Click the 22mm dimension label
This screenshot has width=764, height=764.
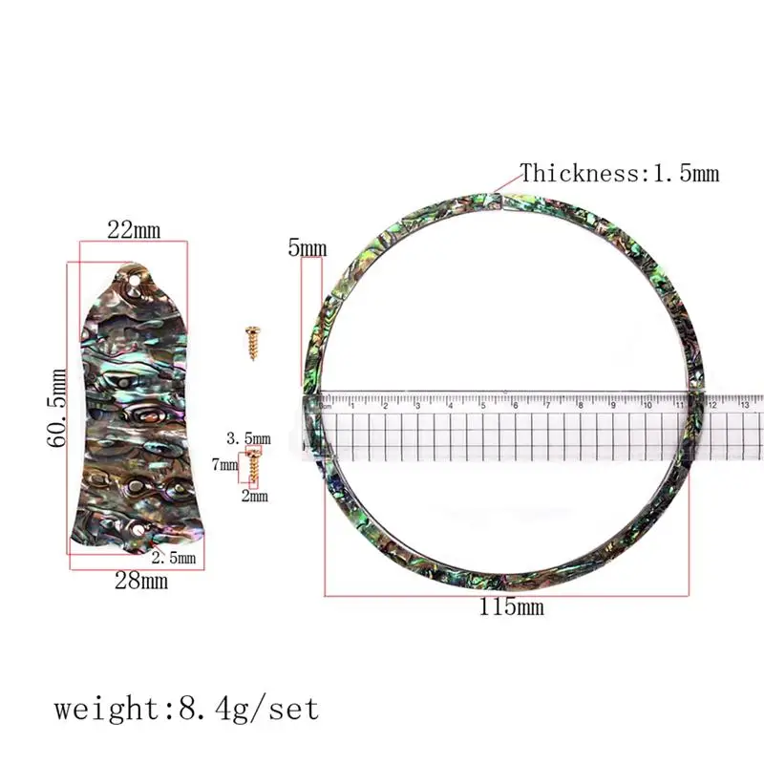tap(134, 229)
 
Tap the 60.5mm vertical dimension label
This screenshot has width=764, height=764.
tap(57, 408)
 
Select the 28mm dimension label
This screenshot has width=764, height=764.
tap(141, 581)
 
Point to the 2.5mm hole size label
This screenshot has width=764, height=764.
tap(174, 558)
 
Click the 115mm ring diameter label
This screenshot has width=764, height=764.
tap(511, 606)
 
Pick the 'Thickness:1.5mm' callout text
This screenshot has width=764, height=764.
tap(620, 173)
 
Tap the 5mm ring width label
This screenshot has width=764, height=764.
tap(307, 248)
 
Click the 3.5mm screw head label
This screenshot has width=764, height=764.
tap(248, 438)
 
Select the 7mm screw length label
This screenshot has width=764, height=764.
tap(224, 464)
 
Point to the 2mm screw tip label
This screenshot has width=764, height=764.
tap(255, 496)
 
